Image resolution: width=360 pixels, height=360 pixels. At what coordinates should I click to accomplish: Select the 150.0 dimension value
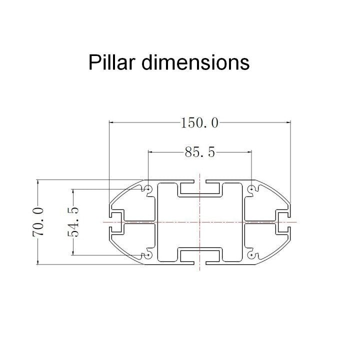tap(199, 122)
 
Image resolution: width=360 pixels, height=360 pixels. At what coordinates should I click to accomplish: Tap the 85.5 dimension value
tap(199, 152)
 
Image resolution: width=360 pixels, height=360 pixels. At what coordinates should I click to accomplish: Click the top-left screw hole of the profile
tap(148, 188)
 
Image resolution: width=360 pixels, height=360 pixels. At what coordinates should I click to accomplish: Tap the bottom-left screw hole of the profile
tap(148, 255)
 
